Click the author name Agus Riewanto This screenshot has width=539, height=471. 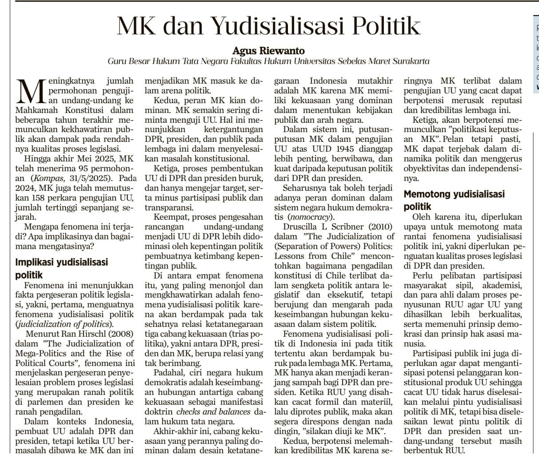pyautogui.click(x=269, y=51)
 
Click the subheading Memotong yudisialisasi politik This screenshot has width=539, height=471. pyautogui.click(x=454, y=200)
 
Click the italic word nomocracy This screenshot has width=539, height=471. pyautogui.click(x=310, y=217)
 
